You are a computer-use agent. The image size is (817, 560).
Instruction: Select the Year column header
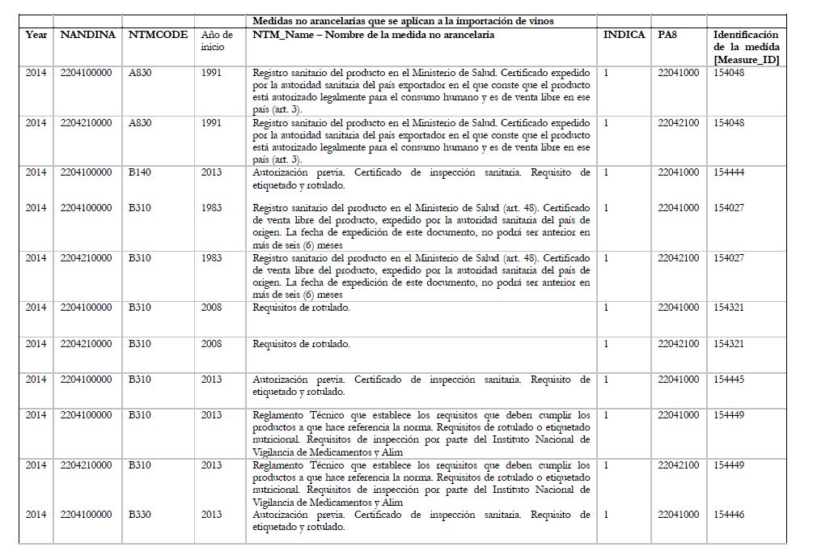click(36, 35)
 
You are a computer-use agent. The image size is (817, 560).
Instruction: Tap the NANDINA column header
click(88, 35)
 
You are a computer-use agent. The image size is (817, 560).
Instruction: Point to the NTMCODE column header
click(158, 35)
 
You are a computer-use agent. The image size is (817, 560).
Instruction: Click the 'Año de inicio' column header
click(217, 40)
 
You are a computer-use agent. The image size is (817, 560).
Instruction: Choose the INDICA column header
click(624, 35)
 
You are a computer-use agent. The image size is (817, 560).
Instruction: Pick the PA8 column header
click(667, 35)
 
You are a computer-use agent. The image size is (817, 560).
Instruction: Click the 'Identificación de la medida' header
click(746, 47)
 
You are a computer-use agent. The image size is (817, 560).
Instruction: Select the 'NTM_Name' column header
click(373, 35)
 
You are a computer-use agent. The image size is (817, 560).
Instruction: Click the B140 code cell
click(140, 172)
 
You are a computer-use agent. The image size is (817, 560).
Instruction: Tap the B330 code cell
click(140, 515)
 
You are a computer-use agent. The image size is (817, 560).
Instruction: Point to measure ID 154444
click(729, 172)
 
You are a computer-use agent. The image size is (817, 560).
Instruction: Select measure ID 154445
click(729, 379)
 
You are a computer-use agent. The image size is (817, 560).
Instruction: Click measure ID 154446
click(729, 515)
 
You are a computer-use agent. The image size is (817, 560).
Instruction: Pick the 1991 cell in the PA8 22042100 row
click(211, 123)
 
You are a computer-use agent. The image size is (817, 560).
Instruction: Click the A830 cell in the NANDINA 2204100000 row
click(140, 73)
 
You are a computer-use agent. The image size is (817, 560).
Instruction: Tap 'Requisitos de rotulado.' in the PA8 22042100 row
click(301, 344)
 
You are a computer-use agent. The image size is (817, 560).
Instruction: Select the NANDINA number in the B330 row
click(86, 515)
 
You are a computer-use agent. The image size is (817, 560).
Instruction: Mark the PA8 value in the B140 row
click(678, 172)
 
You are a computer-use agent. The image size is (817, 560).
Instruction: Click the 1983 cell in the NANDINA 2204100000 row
click(211, 208)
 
